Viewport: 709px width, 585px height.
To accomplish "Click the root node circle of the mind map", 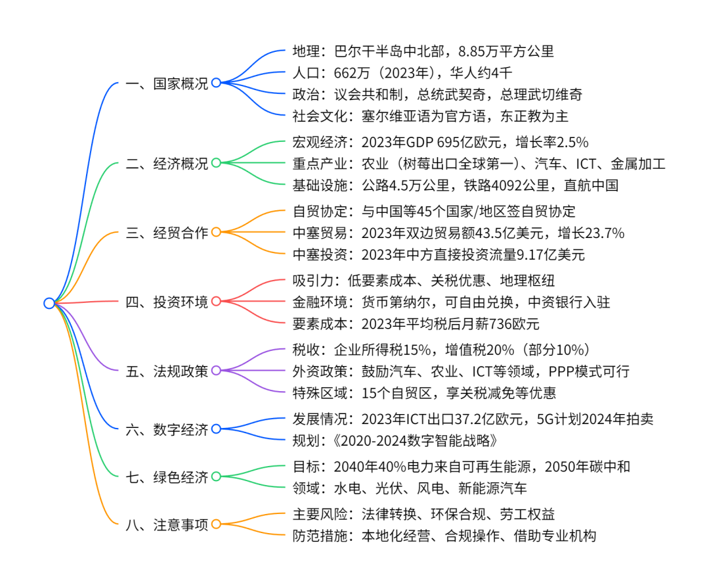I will tap(49, 303).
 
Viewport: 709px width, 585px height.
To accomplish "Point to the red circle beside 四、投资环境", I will tap(215, 302).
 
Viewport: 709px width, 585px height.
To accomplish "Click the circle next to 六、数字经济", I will tap(215, 429).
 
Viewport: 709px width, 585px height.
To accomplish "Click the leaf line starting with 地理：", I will tap(423, 51).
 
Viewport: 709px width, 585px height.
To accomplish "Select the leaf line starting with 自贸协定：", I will tap(433, 211).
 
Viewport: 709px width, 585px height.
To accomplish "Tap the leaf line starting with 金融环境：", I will tap(451, 302).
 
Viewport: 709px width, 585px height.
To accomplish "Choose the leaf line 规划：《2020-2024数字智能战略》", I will tap(390, 440).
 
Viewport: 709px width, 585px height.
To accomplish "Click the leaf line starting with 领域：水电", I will tap(409, 488).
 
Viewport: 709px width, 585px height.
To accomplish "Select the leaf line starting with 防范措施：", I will tap(444, 536).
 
